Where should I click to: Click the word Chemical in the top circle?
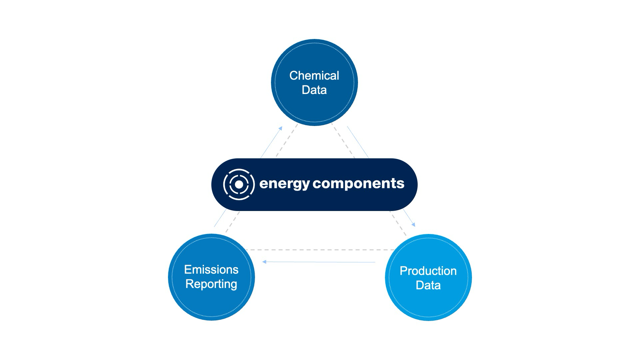click(314, 76)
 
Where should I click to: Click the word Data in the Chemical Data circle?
click(314, 90)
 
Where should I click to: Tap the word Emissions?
click(211, 269)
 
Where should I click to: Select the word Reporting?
click(211, 284)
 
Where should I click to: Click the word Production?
click(428, 271)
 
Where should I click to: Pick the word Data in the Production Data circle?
click(428, 285)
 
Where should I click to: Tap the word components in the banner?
click(359, 184)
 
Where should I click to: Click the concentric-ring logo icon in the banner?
click(239, 184)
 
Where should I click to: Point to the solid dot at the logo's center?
click(239, 184)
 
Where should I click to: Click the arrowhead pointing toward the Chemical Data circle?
click(281, 128)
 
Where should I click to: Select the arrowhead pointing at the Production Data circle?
click(413, 225)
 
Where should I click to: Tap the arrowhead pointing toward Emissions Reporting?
click(264, 262)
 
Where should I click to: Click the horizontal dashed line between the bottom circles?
click(320, 250)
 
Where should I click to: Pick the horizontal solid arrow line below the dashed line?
click(320, 262)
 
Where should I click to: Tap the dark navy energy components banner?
click(314, 200)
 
